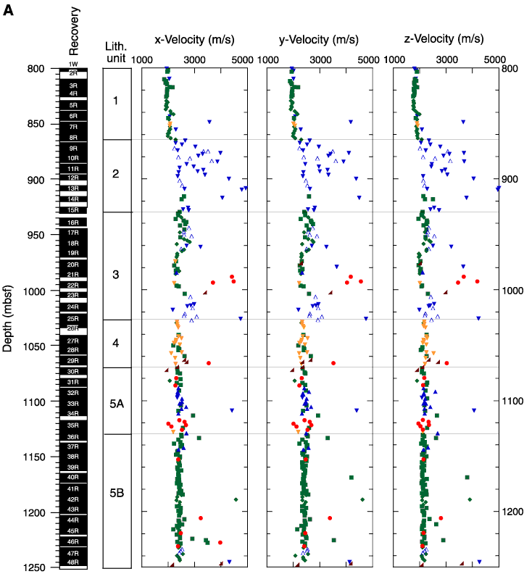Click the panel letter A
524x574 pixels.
(8, 10)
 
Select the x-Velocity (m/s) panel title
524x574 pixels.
(194, 40)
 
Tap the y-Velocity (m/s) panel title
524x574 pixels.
(319, 40)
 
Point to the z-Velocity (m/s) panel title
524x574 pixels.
(444, 39)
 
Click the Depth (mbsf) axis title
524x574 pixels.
(7, 318)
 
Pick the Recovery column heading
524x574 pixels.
(74, 31)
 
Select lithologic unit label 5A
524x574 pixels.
(117, 404)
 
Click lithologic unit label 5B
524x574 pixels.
(117, 493)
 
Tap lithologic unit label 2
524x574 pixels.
(116, 173)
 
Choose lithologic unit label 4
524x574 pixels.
(116, 343)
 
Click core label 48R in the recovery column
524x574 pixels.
(73, 562)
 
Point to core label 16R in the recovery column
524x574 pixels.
(73, 222)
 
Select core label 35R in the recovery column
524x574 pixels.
(73, 425)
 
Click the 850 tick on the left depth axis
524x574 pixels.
(37, 124)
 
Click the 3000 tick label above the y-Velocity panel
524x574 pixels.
(321, 59)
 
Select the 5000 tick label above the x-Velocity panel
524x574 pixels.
(242, 59)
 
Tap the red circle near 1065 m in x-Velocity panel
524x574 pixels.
(209, 363)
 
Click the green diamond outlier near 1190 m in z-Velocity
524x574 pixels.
(470, 499)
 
